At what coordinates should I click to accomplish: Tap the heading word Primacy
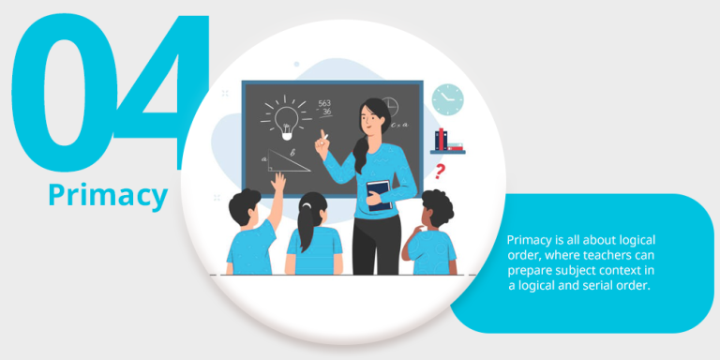tap(108, 196)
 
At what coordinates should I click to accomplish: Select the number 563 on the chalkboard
tap(324, 104)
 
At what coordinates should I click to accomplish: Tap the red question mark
tap(440, 171)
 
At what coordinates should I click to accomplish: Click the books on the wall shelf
tap(448, 141)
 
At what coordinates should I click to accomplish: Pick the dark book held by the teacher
tap(379, 193)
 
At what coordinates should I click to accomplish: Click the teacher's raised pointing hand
tap(321, 142)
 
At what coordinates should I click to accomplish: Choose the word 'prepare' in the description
tap(544, 270)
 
